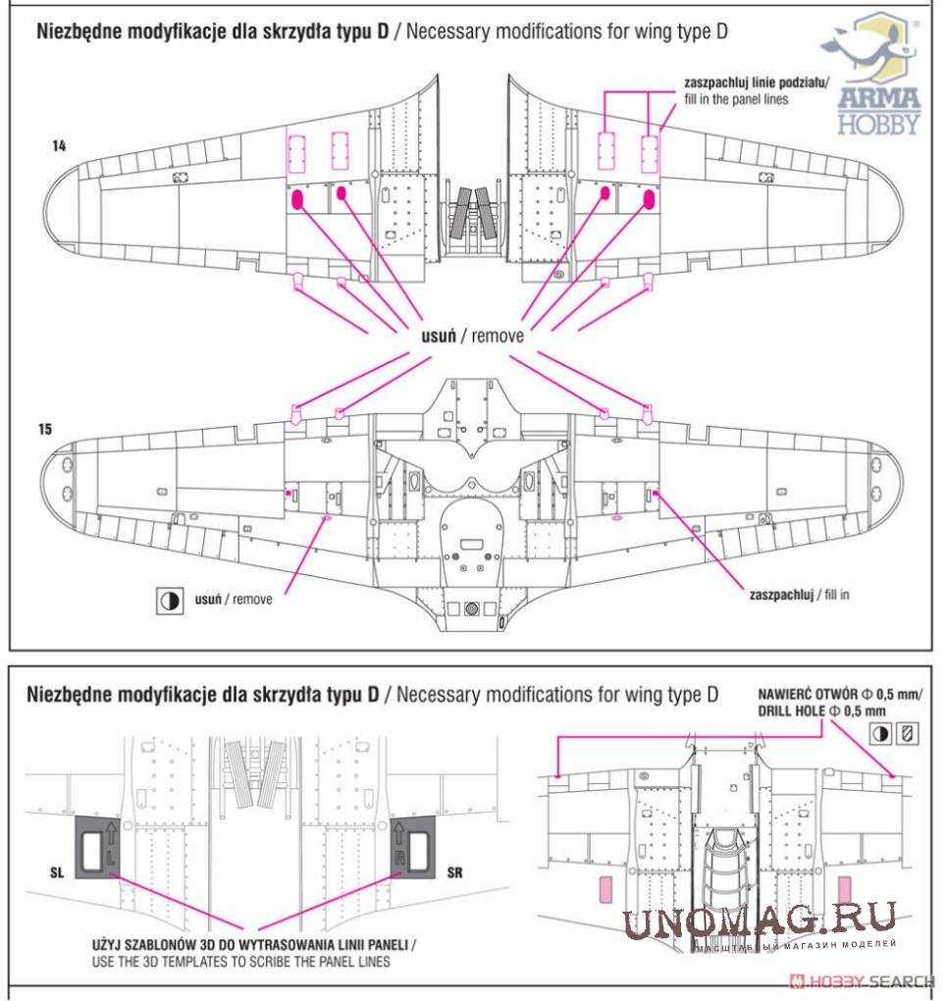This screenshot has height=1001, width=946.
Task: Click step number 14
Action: click(60, 146)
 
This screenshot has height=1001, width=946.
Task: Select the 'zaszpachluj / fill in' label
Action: click(799, 596)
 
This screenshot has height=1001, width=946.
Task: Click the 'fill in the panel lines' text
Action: click(736, 99)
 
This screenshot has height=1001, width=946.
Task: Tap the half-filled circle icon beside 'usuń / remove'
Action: click(170, 601)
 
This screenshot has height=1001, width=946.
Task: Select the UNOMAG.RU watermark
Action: click(758, 921)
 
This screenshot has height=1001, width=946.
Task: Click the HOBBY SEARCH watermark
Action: click(864, 981)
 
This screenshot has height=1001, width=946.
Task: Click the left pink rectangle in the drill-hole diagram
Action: click(605, 890)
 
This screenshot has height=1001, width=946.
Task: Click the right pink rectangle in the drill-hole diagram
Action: click(845, 890)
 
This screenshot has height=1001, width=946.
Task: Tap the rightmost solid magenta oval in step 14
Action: click(648, 200)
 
